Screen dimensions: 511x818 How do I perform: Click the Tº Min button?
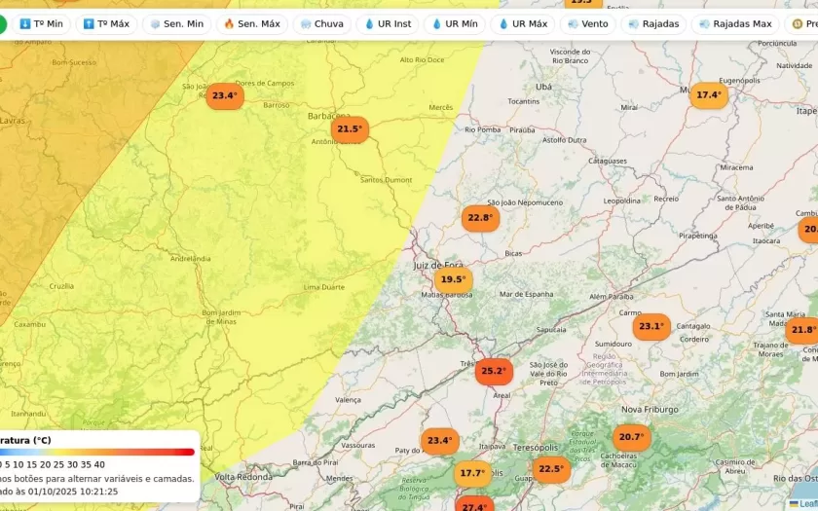click(x=41, y=23)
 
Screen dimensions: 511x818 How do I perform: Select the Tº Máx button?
click(x=106, y=23)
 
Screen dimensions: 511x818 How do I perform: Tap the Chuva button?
click(x=321, y=23)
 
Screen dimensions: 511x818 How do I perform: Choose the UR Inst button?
click(x=388, y=23)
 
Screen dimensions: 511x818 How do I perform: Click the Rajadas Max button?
click(x=734, y=23)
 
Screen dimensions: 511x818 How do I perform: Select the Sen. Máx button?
click(x=251, y=23)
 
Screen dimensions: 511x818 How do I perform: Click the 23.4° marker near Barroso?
click(x=224, y=95)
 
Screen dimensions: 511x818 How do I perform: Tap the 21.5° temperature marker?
click(x=348, y=128)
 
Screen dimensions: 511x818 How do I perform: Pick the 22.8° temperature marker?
click(x=480, y=217)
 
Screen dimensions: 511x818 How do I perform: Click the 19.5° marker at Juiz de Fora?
click(x=453, y=279)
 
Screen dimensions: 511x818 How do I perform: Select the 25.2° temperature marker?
click(x=494, y=371)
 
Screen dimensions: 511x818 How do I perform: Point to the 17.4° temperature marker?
click(x=708, y=94)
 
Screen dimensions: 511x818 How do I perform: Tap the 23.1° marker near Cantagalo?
click(x=651, y=327)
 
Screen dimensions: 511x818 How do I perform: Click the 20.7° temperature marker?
click(x=631, y=437)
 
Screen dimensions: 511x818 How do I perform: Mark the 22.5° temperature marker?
click(x=550, y=469)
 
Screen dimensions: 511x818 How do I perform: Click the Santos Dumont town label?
click(x=387, y=180)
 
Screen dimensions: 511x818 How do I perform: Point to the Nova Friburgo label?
click(x=650, y=410)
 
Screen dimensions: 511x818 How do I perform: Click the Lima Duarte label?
click(x=325, y=287)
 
